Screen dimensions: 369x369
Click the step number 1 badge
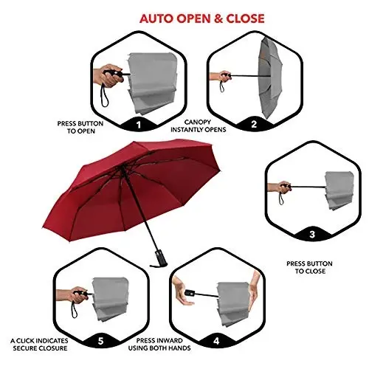click(139, 125)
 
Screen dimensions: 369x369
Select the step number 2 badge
click(254, 124)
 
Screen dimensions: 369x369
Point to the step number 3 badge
click(312, 234)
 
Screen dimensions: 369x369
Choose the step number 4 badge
click(216, 341)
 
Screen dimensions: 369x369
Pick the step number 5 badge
click(100, 342)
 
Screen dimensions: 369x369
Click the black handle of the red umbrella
click(159, 260)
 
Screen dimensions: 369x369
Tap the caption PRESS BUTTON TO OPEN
click(80, 127)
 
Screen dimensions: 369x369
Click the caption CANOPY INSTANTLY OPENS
click(199, 125)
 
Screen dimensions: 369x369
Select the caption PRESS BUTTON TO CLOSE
click(309, 267)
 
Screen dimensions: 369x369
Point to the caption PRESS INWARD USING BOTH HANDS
click(159, 344)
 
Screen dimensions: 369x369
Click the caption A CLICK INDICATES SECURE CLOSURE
click(40, 345)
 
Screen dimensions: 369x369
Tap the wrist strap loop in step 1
click(104, 95)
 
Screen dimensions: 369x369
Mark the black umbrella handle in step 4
click(190, 293)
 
